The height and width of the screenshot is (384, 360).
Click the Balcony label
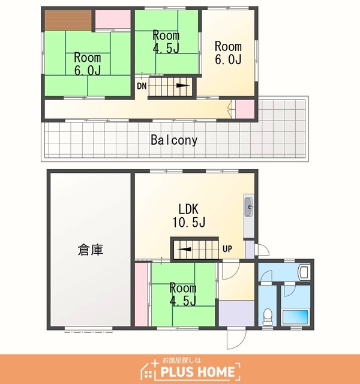[x=174, y=140]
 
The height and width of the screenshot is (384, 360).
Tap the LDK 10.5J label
[x=188, y=215]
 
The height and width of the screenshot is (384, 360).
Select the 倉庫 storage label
[x=91, y=250]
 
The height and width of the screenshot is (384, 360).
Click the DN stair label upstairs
[x=142, y=86]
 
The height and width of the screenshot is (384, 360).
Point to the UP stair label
[x=227, y=249]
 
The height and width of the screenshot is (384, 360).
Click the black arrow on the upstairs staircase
[x=183, y=85]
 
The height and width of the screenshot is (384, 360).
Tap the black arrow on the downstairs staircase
[x=184, y=250]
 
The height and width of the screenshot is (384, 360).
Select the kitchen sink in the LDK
[x=249, y=207]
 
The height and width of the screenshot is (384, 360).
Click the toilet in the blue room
[x=267, y=317]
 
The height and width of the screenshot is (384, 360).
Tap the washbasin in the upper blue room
[x=304, y=272]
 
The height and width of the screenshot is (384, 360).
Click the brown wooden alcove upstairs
[x=68, y=20]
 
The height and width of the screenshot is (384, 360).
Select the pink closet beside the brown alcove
[x=113, y=19]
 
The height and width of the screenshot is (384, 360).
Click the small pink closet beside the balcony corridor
[x=245, y=109]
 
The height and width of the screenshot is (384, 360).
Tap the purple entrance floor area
[x=237, y=313]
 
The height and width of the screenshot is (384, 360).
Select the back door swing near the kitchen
[x=262, y=250]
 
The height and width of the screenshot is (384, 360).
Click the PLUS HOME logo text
[x=197, y=372]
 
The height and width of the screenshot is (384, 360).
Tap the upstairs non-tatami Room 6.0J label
[x=228, y=53]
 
